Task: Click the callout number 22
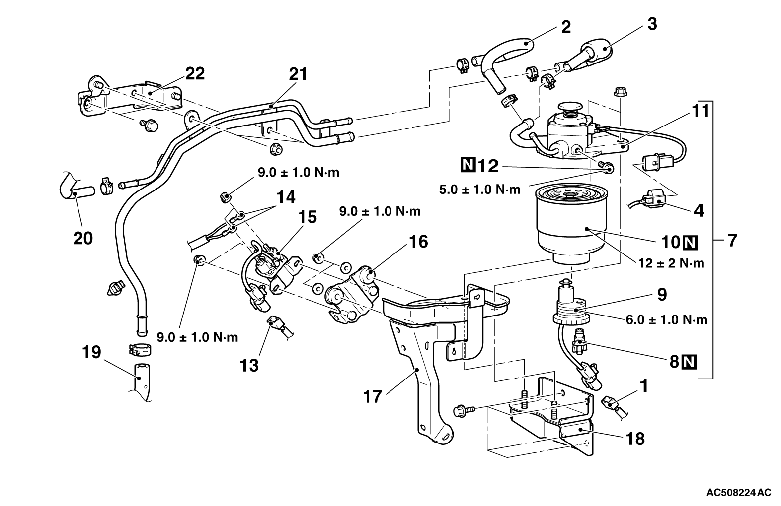[x=195, y=73]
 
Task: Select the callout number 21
[x=298, y=74]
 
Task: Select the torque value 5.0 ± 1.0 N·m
[x=480, y=189]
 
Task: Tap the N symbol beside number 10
[x=690, y=243]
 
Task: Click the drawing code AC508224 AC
[x=739, y=493]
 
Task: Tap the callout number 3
[x=652, y=23]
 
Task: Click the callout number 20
[x=83, y=238]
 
